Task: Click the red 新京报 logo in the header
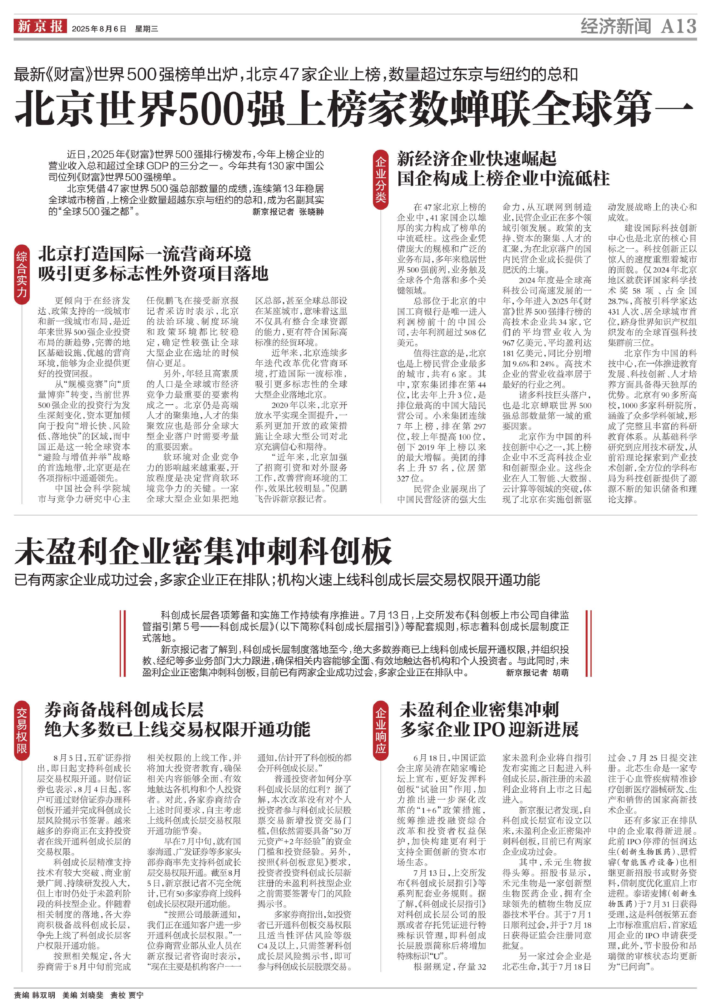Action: (40, 26)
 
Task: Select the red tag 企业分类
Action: (380, 180)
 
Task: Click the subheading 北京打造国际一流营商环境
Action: (145, 254)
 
